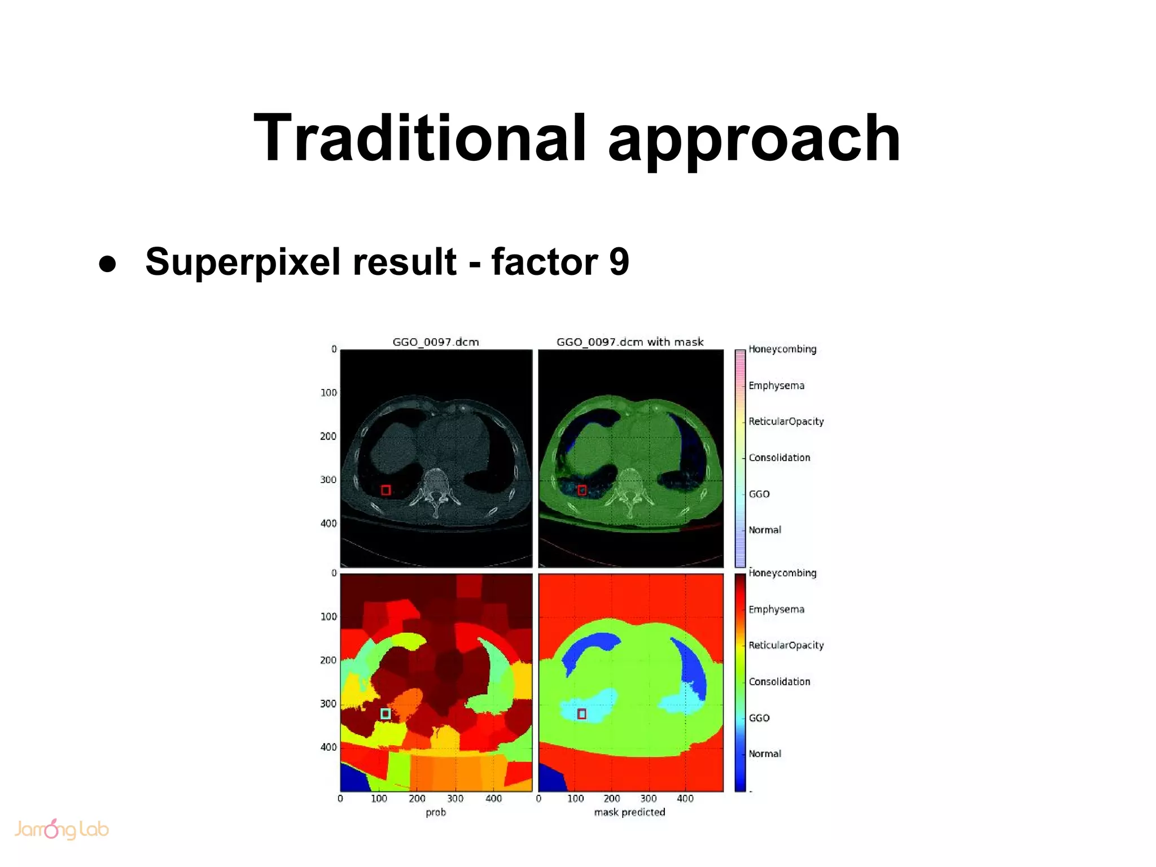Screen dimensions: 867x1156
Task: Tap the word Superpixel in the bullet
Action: pos(242,262)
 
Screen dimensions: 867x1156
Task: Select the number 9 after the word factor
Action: pos(619,262)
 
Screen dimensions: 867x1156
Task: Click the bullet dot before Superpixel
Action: pos(107,264)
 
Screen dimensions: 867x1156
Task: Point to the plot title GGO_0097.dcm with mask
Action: pos(630,341)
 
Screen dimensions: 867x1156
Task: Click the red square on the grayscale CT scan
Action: pos(386,490)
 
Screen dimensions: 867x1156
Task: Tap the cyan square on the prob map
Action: pos(386,713)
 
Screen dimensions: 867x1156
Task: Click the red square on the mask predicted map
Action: pos(582,714)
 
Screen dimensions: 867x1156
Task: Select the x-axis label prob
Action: pos(436,812)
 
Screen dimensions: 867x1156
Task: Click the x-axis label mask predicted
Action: pos(629,812)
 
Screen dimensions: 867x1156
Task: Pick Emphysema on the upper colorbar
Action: pos(776,386)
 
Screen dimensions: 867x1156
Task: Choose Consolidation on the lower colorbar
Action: pos(779,681)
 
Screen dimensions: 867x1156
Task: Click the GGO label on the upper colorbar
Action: pos(759,494)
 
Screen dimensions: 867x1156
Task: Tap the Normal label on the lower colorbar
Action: pos(765,754)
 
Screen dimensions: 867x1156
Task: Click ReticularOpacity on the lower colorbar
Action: pos(786,645)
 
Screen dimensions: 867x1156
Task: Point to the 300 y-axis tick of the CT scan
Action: pos(328,480)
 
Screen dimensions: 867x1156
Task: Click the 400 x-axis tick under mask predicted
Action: pos(685,799)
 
